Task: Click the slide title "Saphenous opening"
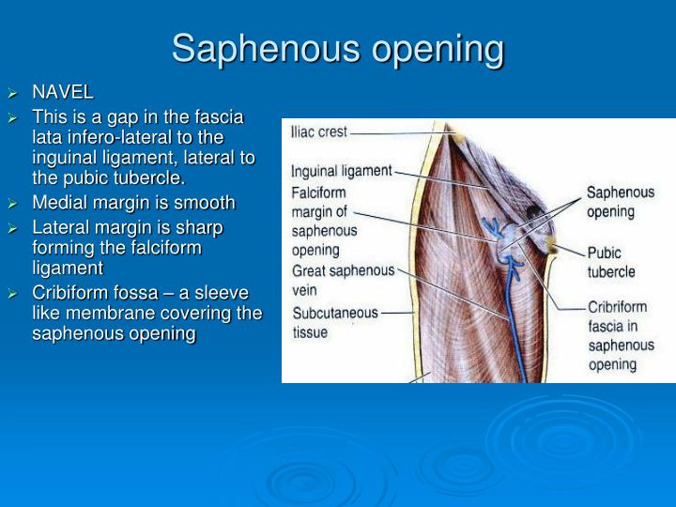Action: click(338, 49)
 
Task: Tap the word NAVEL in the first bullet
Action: click(63, 92)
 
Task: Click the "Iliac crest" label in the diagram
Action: click(319, 132)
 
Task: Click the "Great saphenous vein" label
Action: click(342, 280)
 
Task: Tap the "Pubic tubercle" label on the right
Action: click(611, 262)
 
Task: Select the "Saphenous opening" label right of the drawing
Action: click(620, 201)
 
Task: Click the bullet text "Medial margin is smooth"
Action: click(133, 203)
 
